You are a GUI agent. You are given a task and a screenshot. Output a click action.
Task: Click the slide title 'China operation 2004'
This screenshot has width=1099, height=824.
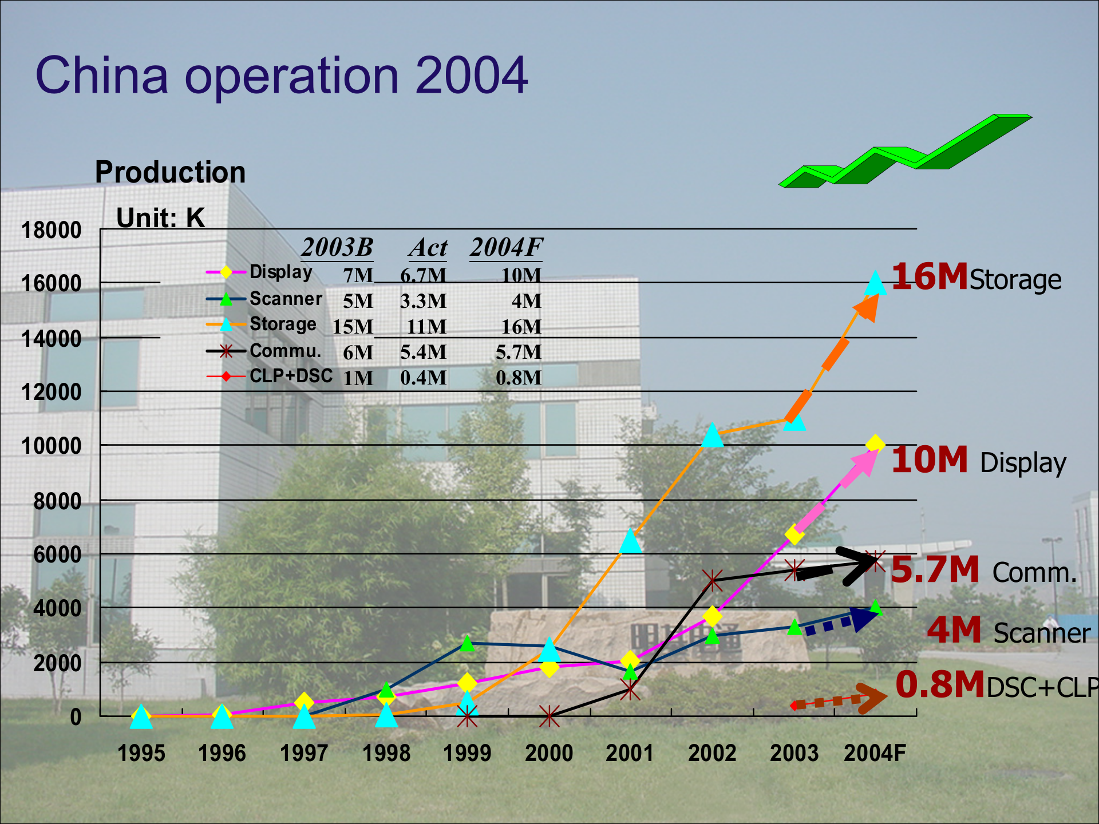pos(281,76)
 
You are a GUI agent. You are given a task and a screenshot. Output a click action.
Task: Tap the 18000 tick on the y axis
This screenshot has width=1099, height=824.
pos(51,231)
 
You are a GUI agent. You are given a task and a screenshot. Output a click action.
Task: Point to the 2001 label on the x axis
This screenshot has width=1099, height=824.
pos(630,753)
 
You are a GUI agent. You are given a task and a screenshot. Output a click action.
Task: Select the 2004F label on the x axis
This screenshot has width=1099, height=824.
pos(875,753)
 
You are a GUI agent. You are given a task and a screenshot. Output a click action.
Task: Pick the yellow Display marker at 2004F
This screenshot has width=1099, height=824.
pos(875,443)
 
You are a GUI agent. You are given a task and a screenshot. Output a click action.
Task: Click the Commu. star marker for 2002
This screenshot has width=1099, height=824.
pos(712,581)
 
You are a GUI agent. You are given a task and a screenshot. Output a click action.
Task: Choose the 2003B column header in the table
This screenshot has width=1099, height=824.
pos(337,248)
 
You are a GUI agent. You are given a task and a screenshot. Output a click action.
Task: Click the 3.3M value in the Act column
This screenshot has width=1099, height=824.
pos(423,301)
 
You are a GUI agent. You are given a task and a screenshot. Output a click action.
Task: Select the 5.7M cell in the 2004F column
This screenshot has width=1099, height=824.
pos(518,352)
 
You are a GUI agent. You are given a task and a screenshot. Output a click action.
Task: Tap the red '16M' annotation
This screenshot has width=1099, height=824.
pos(930,277)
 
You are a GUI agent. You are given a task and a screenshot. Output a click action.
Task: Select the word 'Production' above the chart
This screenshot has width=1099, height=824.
pos(170,172)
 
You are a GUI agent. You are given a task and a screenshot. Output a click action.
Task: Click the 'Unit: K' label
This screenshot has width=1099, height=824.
pos(160,218)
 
